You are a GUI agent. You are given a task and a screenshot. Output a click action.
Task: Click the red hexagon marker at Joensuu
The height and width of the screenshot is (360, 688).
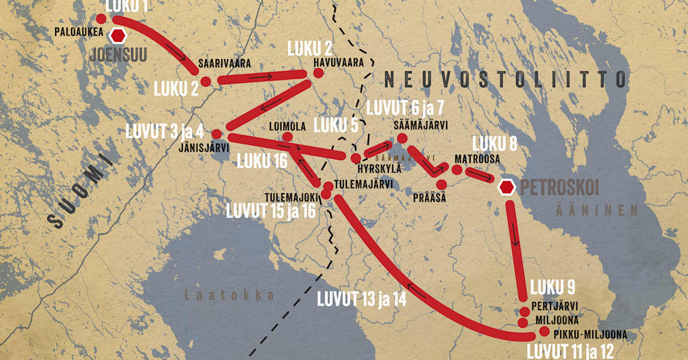pyautogui.click(x=118, y=36)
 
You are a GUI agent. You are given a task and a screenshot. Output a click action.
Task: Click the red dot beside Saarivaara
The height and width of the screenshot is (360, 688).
pyautogui.click(x=206, y=81)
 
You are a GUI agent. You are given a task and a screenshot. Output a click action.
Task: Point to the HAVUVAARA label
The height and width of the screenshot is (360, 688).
pyautogui.click(x=338, y=63)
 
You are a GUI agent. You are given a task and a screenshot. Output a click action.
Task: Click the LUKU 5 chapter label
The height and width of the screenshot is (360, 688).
pyautogui.click(x=339, y=124)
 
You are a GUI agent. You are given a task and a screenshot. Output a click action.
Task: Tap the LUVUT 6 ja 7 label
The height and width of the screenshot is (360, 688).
pyautogui.click(x=405, y=107)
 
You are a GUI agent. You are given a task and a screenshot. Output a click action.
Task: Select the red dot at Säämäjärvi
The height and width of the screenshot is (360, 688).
pyautogui.click(x=402, y=138)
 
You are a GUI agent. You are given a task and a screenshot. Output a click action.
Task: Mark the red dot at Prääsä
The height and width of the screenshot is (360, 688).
pyautogui.click(x=441, y=184)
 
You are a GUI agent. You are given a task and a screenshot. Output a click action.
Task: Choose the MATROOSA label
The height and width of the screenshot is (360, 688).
pyautogui.click(x=478, y=157)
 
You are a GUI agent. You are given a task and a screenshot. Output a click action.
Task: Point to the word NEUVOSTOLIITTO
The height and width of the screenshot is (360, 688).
pyautogui.click(x=505, y=79)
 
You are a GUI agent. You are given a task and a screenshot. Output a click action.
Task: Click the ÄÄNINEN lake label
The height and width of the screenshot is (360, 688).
pyautogui.click(x=596, y=210)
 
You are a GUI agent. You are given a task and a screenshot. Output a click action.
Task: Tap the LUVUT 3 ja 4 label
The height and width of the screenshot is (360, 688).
pyautogui.click(x=165, y=132)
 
